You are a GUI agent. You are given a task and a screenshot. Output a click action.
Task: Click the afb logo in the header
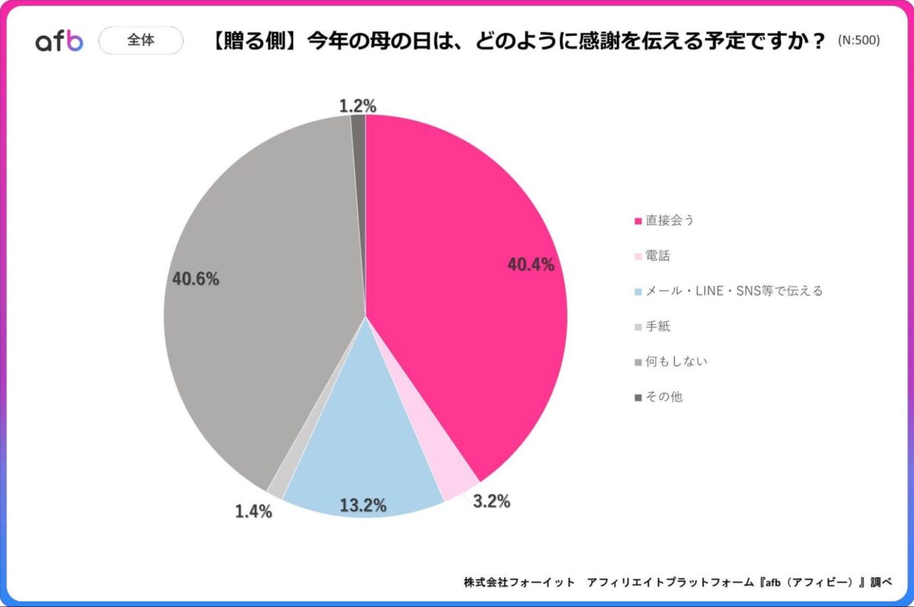[59, 41]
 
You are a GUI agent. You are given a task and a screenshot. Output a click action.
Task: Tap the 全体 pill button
[141, 40]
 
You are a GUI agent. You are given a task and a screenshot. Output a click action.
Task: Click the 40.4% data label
[531, 265]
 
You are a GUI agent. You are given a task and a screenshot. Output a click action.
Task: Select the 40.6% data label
[196, 279]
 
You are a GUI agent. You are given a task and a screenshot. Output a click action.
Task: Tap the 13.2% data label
[363, 504]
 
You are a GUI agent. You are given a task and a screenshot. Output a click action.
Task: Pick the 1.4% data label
[253, 511]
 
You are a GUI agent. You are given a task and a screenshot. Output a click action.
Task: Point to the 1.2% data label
[357, 106]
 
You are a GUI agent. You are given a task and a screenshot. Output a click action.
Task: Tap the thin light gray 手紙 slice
[276, 487]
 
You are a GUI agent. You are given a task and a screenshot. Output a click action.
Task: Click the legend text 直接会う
[670, 220]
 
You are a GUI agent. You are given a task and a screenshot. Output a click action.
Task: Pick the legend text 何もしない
[676, 361]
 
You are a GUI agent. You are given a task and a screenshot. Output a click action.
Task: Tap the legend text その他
[664, 396]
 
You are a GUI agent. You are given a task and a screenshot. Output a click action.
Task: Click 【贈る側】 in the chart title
[255, 41]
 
